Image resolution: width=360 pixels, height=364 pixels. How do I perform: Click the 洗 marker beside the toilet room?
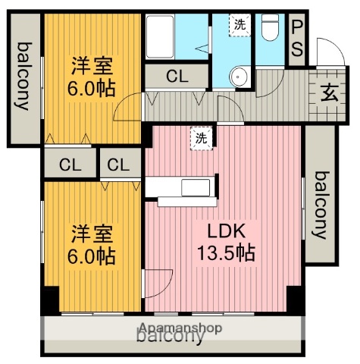[x=240, y=24]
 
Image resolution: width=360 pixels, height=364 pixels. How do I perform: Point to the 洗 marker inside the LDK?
[x=202, y=138]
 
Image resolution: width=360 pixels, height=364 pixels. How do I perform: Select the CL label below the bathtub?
[x=177, y=76]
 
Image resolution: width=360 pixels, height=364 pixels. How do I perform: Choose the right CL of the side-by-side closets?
[x=117, y=164]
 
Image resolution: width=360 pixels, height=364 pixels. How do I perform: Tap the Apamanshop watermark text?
[x=180, y=328]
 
